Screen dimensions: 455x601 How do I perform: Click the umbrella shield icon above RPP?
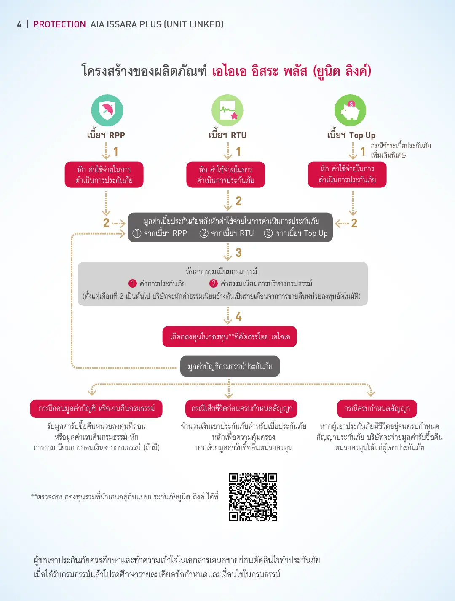tap(107, 110)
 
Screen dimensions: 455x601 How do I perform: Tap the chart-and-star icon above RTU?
tap(227, 110)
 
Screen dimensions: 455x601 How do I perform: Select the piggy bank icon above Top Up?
tap(350, 110)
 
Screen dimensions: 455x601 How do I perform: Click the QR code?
tap(253, 497)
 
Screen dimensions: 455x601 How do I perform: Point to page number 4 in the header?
tap(19, 24)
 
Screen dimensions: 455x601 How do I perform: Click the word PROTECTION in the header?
tap(59, 24)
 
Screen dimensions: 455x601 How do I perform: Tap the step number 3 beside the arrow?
tap(238, 253)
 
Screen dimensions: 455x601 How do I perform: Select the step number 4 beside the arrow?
tap(238, 317)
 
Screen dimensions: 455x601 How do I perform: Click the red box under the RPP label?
tap(104, 175)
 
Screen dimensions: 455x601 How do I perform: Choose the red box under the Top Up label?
tap(347, 175)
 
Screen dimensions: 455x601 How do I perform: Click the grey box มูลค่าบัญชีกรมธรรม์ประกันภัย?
tap(230, 366)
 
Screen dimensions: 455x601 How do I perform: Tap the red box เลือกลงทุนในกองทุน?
tap(230, 337)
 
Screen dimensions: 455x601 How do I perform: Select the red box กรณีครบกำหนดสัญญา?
tap(377, 409)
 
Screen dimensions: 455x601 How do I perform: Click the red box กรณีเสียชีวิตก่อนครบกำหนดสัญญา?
tap(241, 409)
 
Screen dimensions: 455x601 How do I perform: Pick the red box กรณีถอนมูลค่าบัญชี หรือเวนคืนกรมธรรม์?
tap(96, 409)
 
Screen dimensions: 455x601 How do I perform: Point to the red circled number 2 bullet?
tap(213, 283)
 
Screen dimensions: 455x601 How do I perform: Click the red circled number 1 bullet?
tap(133, 283)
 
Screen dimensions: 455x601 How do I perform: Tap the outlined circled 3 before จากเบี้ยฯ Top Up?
tap(268, 233)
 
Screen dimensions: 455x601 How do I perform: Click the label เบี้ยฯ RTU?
tap(227, 135)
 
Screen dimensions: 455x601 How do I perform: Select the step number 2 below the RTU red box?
tap(238, 201)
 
